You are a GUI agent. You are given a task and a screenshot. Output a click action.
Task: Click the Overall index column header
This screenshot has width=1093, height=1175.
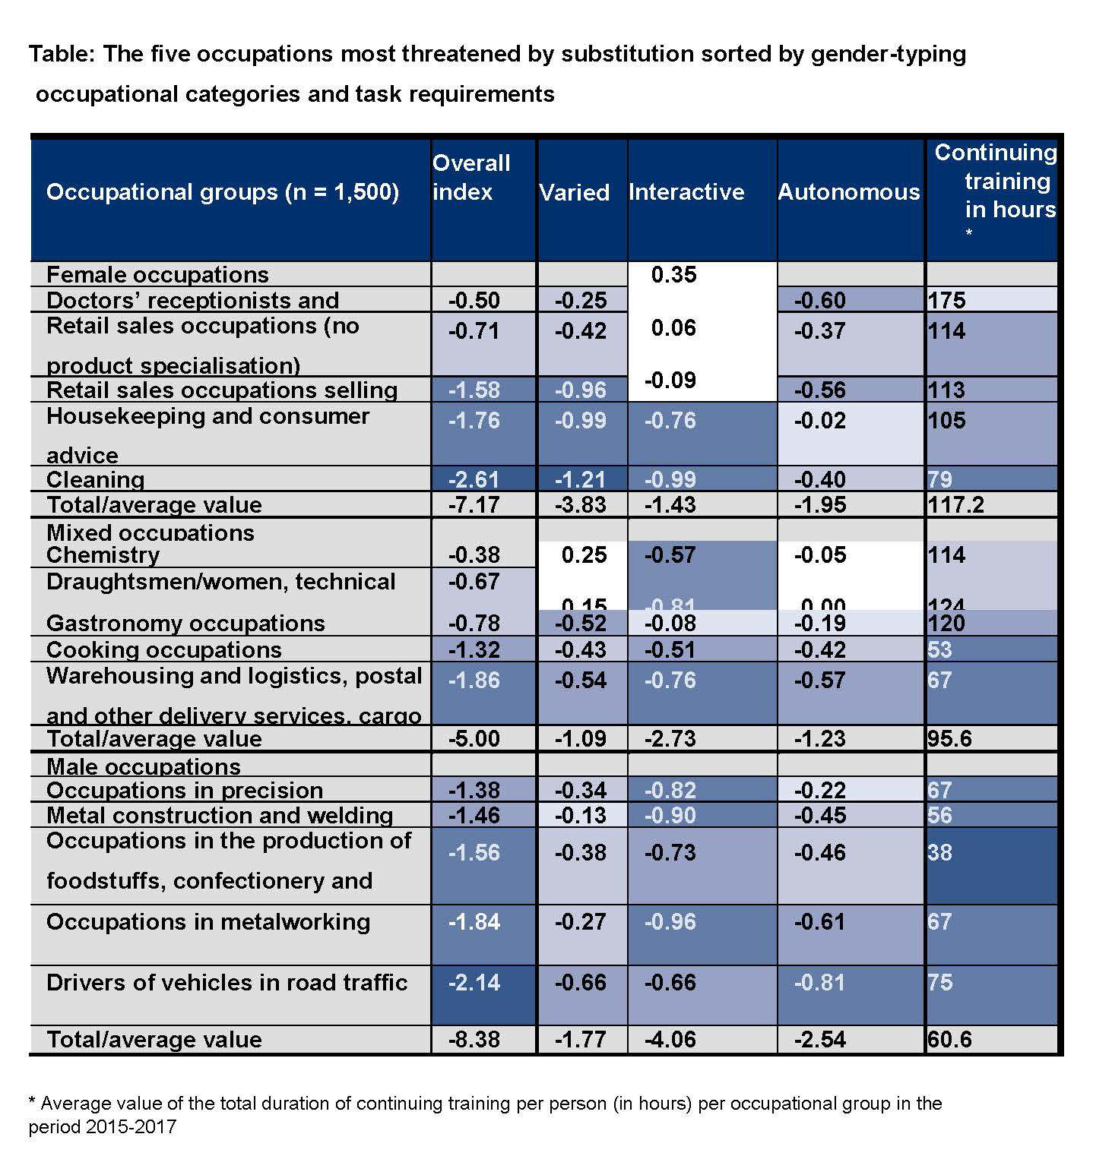point(471,177)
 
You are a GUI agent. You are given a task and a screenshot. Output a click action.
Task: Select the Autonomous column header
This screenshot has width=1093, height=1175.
point(848,191)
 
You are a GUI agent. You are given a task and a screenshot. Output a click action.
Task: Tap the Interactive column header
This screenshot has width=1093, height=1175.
point(686,191)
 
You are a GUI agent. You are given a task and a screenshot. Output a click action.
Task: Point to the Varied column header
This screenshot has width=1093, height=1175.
point(574,192)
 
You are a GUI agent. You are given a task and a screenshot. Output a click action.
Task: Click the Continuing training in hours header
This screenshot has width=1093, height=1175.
point(995,182)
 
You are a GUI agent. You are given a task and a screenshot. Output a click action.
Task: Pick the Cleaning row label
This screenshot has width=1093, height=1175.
point(95,479)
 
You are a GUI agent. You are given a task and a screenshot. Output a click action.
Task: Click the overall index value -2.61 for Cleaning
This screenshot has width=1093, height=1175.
point(474,479)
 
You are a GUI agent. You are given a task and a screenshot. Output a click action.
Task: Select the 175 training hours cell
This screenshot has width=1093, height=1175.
point(946,300)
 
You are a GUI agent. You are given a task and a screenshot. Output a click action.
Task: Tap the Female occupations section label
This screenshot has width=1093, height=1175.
point(157,274)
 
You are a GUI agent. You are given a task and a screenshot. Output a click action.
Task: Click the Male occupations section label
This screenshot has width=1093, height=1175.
point(144,766)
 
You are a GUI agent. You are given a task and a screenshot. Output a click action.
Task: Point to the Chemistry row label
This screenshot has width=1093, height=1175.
point(103,554)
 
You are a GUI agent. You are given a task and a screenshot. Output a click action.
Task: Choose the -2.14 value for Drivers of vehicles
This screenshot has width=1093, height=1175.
point(474,982)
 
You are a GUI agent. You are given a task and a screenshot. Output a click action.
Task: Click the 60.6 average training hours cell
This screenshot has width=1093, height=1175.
point(949,1039)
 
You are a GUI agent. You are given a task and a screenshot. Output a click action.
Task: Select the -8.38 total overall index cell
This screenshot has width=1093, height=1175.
point(474,1039)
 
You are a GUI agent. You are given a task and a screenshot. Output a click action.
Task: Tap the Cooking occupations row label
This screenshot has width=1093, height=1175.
point(163,650)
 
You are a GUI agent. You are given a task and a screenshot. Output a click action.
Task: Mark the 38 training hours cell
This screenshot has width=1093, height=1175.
point(939,852)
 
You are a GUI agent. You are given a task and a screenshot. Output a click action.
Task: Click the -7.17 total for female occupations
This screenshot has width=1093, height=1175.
point(474,504)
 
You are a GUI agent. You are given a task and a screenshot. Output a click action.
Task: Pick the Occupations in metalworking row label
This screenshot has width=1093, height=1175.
point(208,921)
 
